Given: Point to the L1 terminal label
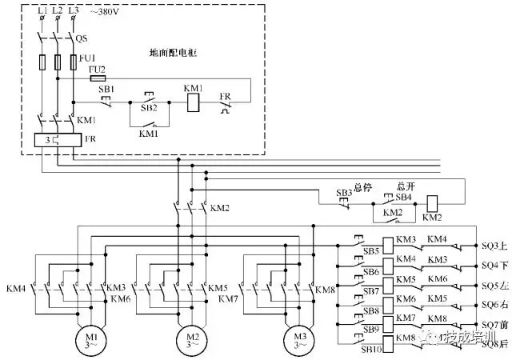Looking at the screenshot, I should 42,10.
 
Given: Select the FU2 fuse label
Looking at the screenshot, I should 98,70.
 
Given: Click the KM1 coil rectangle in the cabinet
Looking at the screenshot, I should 193,102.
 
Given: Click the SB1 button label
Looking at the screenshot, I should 106,90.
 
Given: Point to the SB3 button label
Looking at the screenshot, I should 344,194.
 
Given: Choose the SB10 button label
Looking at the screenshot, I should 370,350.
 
